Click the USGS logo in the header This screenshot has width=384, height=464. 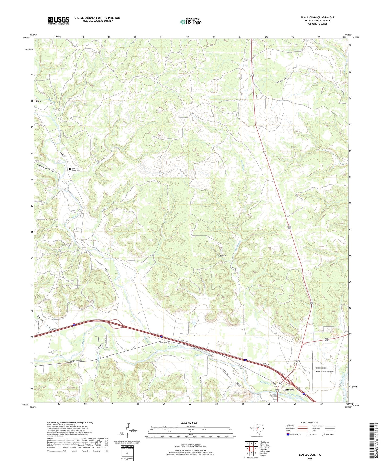[x=58, y=20]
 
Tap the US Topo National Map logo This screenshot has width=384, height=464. [x=191, y=22]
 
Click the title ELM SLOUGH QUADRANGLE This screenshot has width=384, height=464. [x=317, y=17]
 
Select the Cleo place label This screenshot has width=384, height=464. [x=38, y=101]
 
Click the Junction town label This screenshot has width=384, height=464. [x=289, y=390]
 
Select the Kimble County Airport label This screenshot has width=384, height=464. [x=325, y=372]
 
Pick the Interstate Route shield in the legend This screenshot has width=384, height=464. [x=288, y=434]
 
